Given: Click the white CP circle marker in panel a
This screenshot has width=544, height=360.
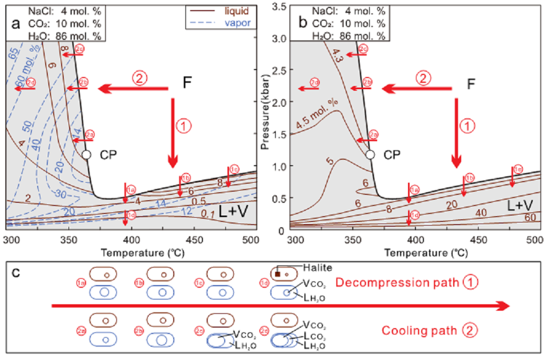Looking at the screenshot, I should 87,155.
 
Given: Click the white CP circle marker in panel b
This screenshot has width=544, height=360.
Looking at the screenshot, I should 371,155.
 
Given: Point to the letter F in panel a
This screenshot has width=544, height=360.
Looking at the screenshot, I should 186,84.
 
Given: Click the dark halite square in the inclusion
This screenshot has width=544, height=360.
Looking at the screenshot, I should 277,274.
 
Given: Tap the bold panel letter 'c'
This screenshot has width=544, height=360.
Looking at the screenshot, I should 16,273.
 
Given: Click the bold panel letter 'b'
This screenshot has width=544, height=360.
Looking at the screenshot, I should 303,23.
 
